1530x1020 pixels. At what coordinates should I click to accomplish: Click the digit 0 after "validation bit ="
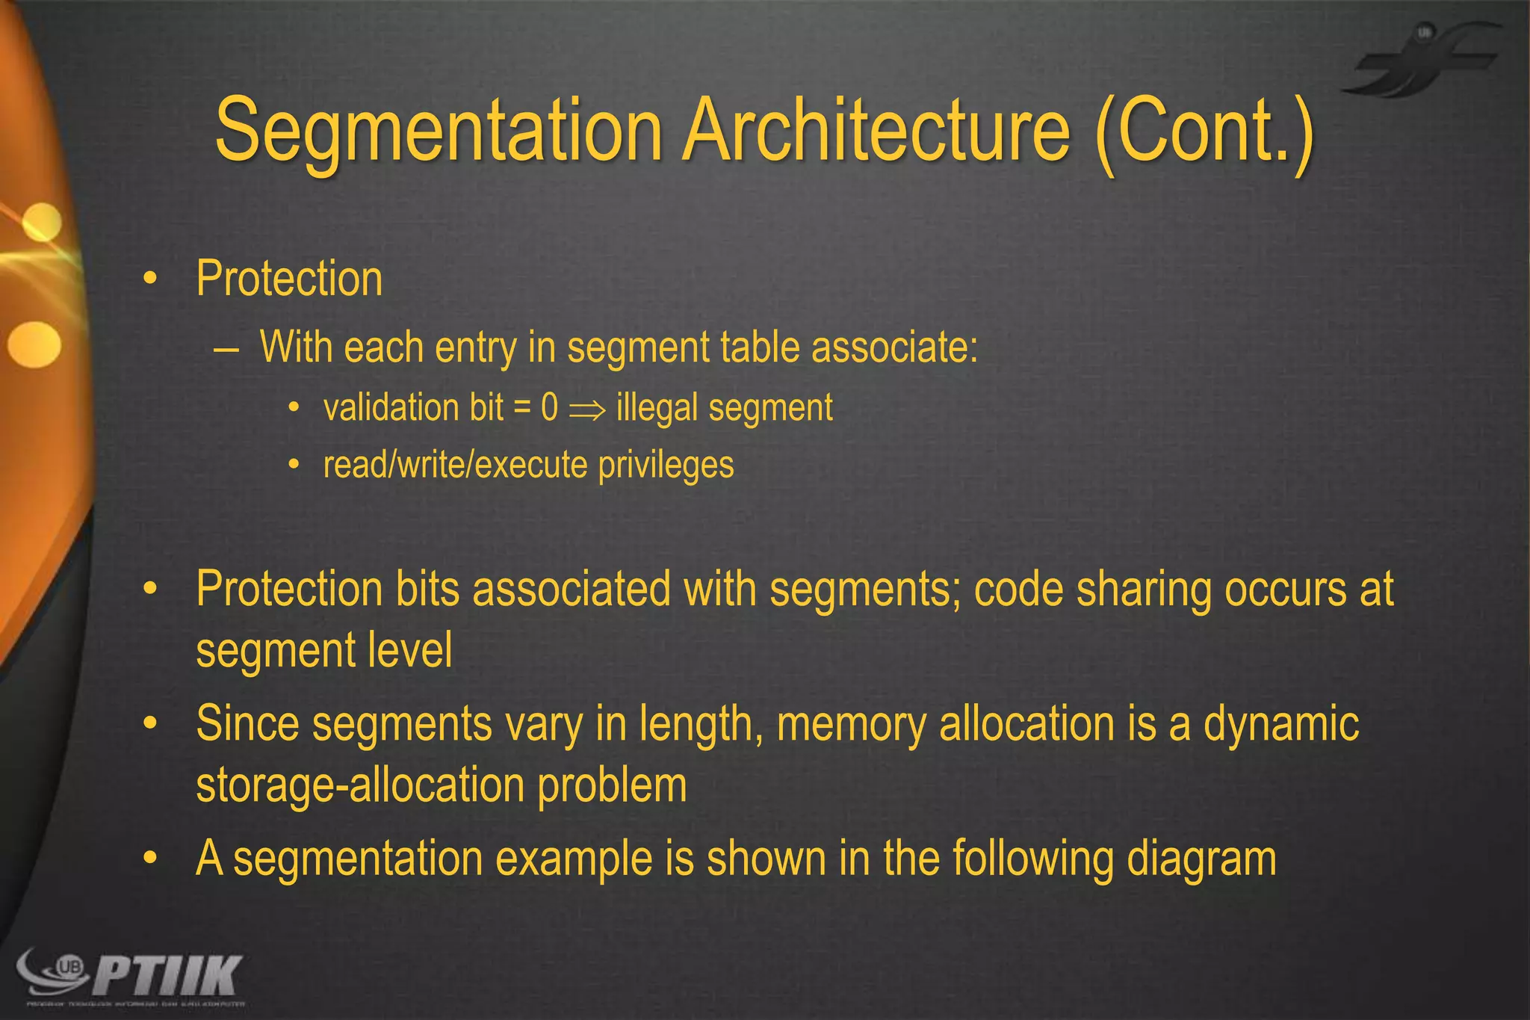[x=549, y=408]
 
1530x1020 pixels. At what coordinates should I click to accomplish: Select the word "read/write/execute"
[x=456, y=466]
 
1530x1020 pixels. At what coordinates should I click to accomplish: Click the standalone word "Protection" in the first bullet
[x=289, y=279]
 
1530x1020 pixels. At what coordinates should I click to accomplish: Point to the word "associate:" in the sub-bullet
[x=894, y=347]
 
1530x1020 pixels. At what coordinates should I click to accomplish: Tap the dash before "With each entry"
[x=226, y=349]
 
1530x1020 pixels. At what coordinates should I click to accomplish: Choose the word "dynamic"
[x=1280, y=724]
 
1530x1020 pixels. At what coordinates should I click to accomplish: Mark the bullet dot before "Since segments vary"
[x=151, y=723]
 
